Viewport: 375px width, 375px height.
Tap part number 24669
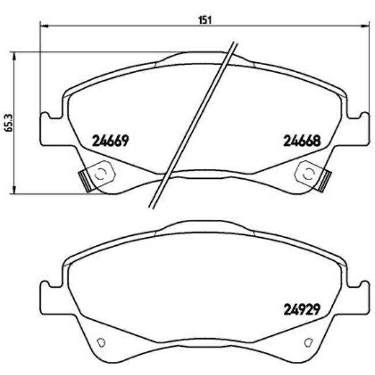pos(110,140)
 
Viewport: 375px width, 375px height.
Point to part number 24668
pos(301,140)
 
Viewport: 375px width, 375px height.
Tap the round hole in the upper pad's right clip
pos(308,172)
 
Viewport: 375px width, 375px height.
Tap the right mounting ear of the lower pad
pos(360,295)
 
